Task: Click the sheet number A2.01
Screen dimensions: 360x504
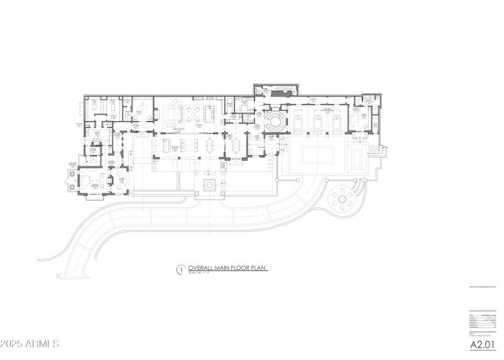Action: [483, 345]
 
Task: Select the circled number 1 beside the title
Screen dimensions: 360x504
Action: [180, 270]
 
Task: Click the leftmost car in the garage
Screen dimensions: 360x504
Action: [295, 119]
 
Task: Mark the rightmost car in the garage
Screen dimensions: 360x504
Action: [335, 119]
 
